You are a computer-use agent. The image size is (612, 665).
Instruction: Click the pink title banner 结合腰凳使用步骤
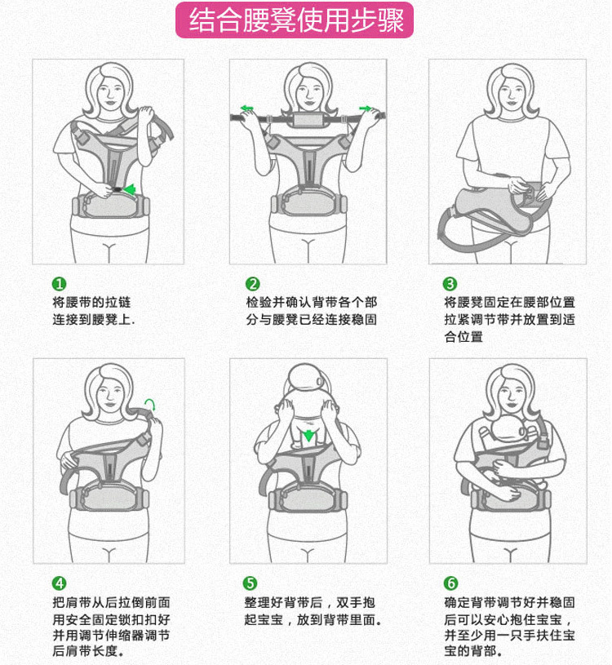click(x=295, y=20)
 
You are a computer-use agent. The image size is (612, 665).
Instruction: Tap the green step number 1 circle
click(x=60, y=284)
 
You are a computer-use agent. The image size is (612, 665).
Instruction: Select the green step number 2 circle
click(x=253, y=284)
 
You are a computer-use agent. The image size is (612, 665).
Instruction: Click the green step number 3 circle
click(x=450, y=284)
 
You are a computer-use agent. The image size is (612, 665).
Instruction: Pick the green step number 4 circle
click(x=60, y=583)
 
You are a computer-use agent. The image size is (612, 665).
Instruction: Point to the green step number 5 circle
click(x=251, y=583)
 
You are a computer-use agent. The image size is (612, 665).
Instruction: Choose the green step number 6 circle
click(x=450, y=583)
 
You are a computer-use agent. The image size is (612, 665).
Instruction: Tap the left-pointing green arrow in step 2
click(x=246, y=109)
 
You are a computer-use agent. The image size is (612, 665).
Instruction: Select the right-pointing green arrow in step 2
click(x=366, y=109)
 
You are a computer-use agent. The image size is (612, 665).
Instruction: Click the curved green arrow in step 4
click(x=149, y=403)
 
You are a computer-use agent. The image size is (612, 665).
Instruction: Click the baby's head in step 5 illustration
click(x=306, y=377)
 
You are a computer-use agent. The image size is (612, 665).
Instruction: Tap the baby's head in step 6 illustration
click(x=509, y=428)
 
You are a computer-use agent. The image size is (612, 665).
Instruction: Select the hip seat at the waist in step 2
click(x=308, y=202)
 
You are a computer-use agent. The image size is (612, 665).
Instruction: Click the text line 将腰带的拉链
click(x=91, y=303)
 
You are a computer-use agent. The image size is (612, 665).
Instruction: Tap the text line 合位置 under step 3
click(x=463, y=337)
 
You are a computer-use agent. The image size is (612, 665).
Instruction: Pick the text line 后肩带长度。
click(x=89, y=650)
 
